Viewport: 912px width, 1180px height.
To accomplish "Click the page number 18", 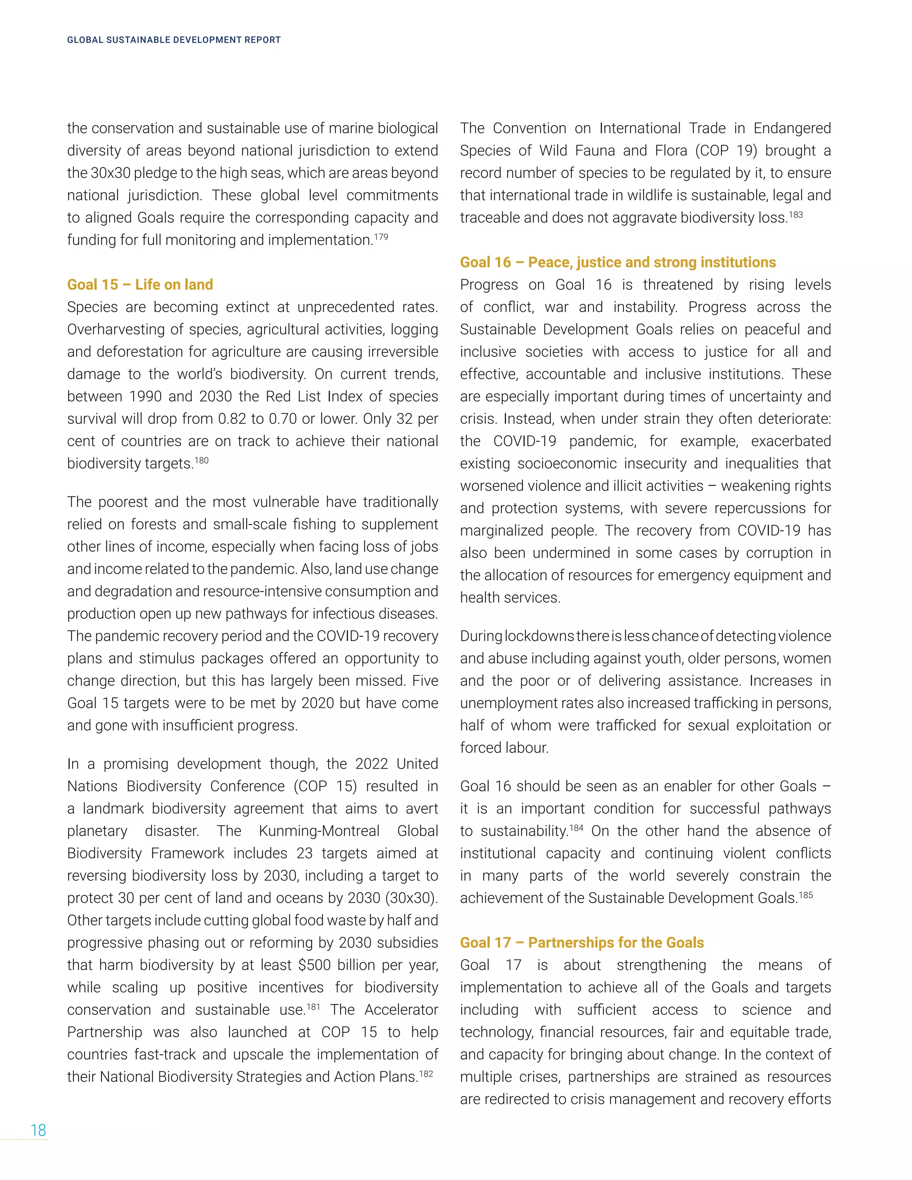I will coord(38,1130).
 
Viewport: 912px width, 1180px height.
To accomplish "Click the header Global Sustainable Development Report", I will coord(174,40).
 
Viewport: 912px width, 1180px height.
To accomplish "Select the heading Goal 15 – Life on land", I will coord(140,285).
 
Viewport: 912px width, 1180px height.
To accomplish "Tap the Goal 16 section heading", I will coord(618,263).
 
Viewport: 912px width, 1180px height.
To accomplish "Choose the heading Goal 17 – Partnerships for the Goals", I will coord(582,943).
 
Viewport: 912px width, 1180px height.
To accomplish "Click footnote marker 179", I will coord(381,236).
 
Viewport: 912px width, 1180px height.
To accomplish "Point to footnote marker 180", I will coord(202,460).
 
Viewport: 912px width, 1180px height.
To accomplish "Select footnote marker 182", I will coord(426,1074).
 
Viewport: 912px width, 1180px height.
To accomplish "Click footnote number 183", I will coord(795,215).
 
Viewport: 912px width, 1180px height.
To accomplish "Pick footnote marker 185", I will coord(806,895).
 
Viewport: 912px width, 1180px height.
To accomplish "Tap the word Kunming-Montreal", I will coord(319,831).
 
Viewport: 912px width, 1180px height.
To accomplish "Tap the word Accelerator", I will coord(401,1010).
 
